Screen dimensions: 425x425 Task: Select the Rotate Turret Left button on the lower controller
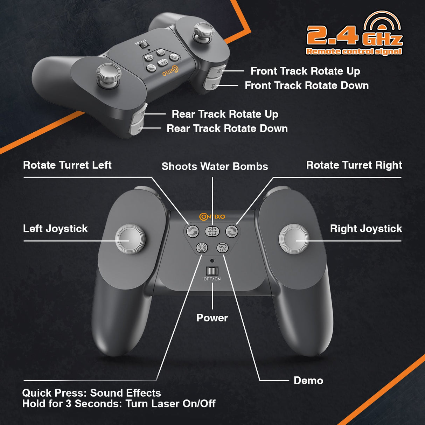[192, 231]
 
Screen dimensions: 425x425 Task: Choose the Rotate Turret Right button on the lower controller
[232, 231]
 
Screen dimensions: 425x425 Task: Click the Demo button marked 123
[223, 248]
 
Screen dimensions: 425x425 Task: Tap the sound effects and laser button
[202, 248]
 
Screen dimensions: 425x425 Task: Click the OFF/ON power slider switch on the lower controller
[212, 271]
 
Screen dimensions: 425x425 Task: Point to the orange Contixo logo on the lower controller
[212, 217]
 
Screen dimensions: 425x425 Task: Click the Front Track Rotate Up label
[305, 71]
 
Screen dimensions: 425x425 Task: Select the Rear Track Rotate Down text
[227, 128]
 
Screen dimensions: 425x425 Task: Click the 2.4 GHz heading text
[354, 36]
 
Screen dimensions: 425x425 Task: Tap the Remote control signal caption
[354, 51]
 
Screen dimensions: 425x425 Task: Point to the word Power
[212, 318]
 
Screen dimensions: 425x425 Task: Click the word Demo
[308, 381]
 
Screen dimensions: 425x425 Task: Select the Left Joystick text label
[55, 229]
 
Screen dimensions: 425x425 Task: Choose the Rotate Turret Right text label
[354, 165]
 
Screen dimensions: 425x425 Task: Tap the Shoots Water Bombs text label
[215, 166]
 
